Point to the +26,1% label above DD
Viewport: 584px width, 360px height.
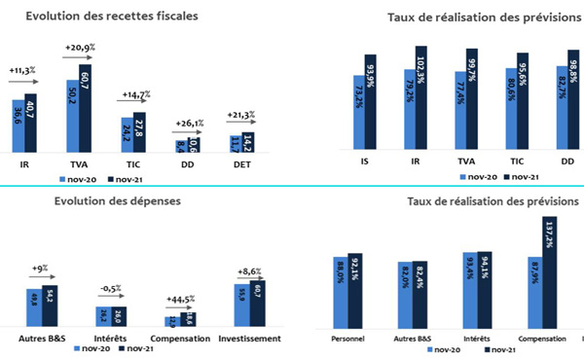[x=191, y=124]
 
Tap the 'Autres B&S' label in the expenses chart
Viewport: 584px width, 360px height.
[x=45, y=339]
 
